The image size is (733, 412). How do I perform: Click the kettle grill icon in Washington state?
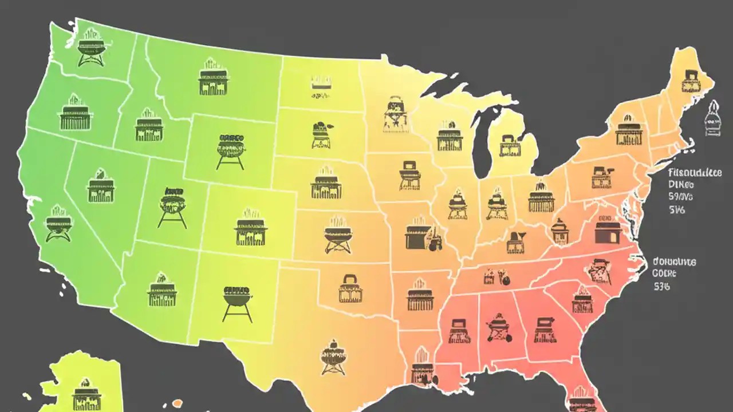pyautogui.click(x=92, y=47)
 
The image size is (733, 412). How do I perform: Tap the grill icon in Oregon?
pyautogui.click(x=76, y=114)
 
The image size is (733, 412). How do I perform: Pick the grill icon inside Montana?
pyautogui.click(x=214, y=80)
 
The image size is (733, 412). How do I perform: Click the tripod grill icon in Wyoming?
pyautogui.click(x=231, y=150)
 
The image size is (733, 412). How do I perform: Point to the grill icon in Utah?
pyautogui.click(x=172, y=207)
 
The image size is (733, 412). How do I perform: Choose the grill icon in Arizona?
pyautogui.click(x=161, y=292)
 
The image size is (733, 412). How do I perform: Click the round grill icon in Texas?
pyautogui.click(x=333, y=357)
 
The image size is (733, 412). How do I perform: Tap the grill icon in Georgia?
pyautogui.click(x=545, y=330)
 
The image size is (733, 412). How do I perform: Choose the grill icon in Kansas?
pyautogui.click(x=338, y=235)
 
